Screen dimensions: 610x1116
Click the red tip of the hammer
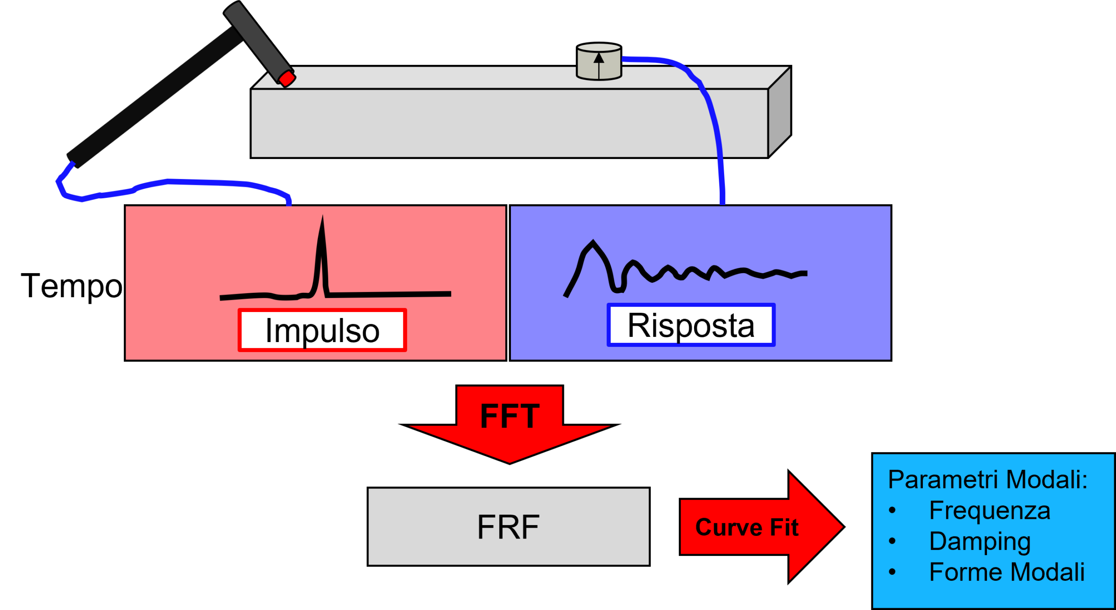pyautogui.click(x=287, y=79)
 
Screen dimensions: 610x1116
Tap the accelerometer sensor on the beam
pyautogui.click(x=599, y=62)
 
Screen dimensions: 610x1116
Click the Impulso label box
pyautogui.click(x=322, y=330)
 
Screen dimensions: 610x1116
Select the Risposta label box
pyautogui.click(x=691, y=325)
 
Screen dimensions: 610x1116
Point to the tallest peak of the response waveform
pyautogui.click(x=593, y=242)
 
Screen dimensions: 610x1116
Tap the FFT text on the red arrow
pyautogui.click(x=510, y=416)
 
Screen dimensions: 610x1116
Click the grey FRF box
pyautogui.click(x=508, y=527)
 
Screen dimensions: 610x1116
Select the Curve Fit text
pyautogui.click(x=747, y=527)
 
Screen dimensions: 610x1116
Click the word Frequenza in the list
pyautogui.click(x=990, y=510)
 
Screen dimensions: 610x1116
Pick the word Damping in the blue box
pyautogui.click(x=980, y=542)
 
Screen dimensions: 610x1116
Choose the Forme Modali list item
pyautogui.click(x=1007, y=572)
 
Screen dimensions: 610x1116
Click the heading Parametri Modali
pyautogui.click(x=987, y=480)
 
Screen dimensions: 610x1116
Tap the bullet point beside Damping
pyautogui.click(x=892, y=542)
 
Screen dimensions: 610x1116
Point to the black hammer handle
pyautogui.click(x=153, y=96)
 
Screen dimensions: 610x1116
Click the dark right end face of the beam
pyautogui.click(x=779, y=111)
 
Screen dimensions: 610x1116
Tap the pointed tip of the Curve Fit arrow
pyautogui.click(x=841, y=527)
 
